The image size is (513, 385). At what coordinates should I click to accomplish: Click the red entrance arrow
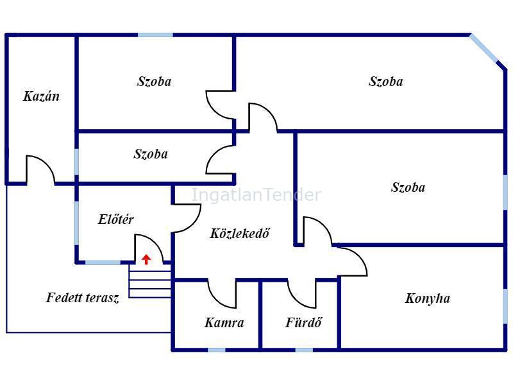coord(146,259)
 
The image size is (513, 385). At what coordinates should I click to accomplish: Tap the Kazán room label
coord(42,96)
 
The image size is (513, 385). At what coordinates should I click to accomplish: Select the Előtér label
coord(116,219)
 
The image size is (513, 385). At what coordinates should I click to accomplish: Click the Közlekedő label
coord(240,234)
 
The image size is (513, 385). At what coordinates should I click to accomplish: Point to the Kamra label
coord(224,323)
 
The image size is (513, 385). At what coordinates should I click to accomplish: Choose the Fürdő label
coord(303,323)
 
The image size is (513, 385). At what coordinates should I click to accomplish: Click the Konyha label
coord(428,298)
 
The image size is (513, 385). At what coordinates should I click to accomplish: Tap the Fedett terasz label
coord(83,298)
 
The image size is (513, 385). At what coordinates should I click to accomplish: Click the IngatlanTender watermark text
coord(256,195)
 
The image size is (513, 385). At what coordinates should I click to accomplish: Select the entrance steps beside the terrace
coord(150,281)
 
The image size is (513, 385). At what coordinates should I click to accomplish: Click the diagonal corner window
coord(484,48)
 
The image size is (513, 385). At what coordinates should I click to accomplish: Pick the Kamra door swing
coord(222,295)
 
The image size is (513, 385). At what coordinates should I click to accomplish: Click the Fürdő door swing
coord(302,294)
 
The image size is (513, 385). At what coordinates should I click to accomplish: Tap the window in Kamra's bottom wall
coord(217,350)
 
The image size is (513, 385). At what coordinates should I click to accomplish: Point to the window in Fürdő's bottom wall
coord(304,350)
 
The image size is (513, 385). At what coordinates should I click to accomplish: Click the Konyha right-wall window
coord(505,305)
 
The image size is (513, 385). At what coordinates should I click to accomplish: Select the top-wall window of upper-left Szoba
coord(155,35)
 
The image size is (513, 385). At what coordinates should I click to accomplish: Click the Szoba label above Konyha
coord(408,187)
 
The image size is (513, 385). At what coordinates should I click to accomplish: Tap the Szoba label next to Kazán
coord(155,81)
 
